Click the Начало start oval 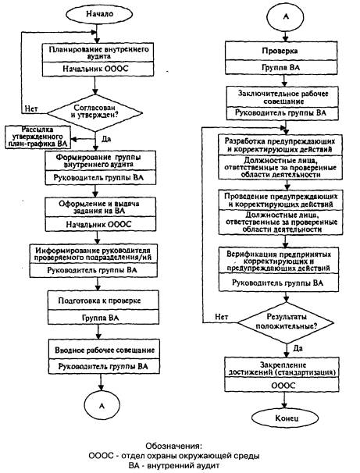tap(100, 14)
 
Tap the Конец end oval tap(285, 418)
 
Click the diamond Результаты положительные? tap(286, 323)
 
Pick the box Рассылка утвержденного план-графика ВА tap(38, 137)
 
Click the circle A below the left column tap(102, 406)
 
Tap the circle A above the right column tap(286, 16)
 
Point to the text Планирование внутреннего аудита tap(98, 52)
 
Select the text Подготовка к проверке tap(100, 301)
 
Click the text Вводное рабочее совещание tap(105, 350)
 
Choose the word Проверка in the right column tap(280, 51)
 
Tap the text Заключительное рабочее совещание tap(283, 98)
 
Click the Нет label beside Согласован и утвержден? tap(31, 108)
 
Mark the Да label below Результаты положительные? tap(298, 348)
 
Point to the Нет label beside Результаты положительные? tap(222, 317)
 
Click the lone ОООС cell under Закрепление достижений tap(283, 386)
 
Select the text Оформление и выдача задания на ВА tap(99, 208)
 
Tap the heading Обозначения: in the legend tap(173, 446)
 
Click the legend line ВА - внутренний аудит tap(174, 465)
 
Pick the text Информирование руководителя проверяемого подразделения tap(93, 254)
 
